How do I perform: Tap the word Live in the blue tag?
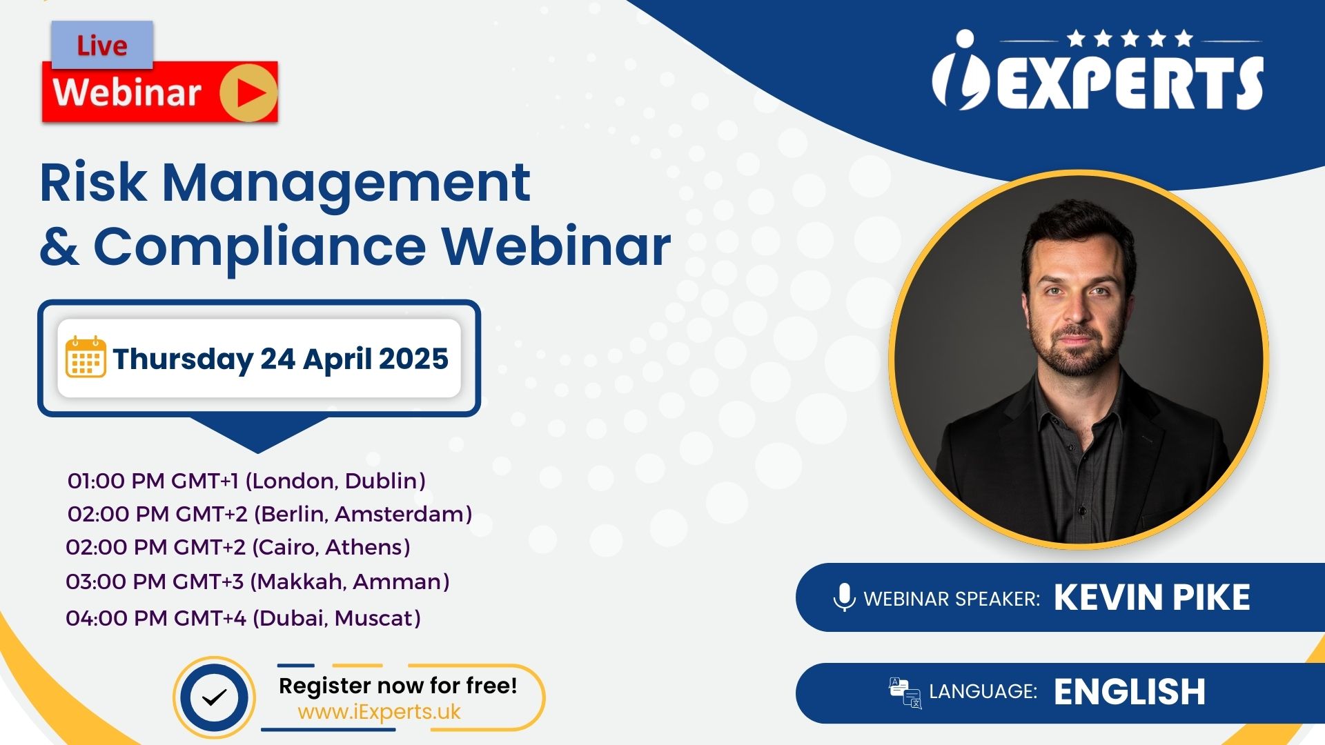click(102, 46)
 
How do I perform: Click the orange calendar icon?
click(86, 357)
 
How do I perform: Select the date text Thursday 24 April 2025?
click(281, 359)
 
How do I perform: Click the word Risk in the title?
click(93, 182)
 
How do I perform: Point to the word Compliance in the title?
click(260, 248)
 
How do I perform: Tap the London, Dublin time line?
click(246, 481)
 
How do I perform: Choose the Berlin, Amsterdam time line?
click(270, 514)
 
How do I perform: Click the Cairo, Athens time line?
click(238, 547)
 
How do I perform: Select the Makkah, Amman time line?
click(257, 582)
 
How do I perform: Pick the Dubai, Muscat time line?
click(243, 618)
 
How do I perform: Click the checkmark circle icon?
click(215, 697)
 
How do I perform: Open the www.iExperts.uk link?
click(379, 712)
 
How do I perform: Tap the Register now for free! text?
click(397, 686)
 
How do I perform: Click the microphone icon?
click(844, 597)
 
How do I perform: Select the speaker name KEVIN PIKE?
click(1152, 597)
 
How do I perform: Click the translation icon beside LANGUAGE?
click(905, 693)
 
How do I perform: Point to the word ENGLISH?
click(1130, 692)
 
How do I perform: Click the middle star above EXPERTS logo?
click(1130, 38)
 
